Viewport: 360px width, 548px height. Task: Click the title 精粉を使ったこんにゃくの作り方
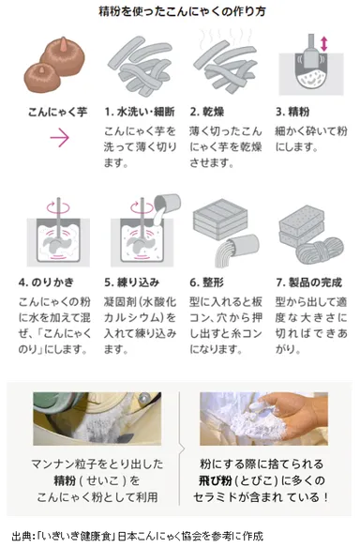[x=180, y=11]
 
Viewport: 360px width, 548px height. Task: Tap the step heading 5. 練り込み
[x=137, y=282]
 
